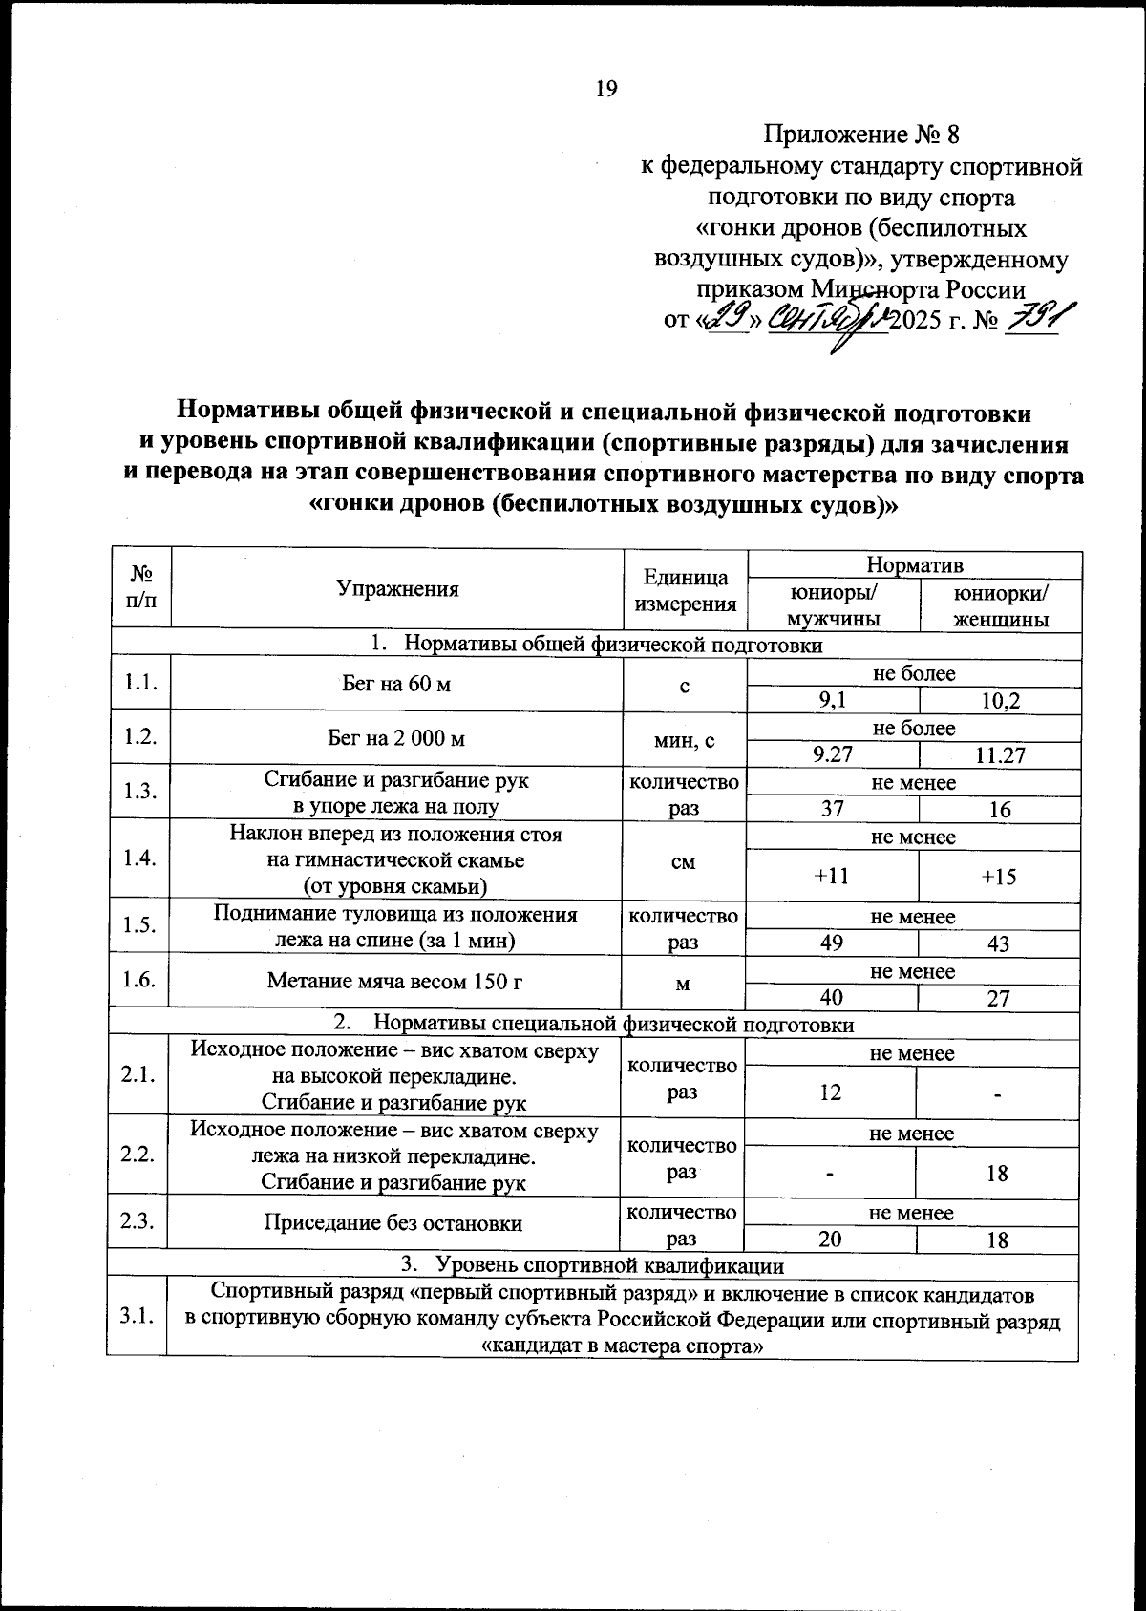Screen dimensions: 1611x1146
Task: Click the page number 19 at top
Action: pyautogui.click(x=606, y=89)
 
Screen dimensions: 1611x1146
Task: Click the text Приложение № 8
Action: pyautogui.click(x=867, y=135)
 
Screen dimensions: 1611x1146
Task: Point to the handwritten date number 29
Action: pyautogui.click(x=725, y=317)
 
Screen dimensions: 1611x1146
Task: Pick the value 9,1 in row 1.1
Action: pyautogui.click(x=833, y=701)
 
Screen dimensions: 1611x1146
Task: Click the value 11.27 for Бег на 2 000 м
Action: pyautogui.click(x=1000, y=755)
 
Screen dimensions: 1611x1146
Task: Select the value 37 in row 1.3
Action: pyautogui.click(x=833, y=809)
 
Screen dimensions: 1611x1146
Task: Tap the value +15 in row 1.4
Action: pyautogui.click(x=999, y=876)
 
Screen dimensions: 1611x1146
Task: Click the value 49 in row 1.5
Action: pyautogui.click(x=832, y=943)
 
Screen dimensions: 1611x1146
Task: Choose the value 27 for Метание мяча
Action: pyautogui.click(x=999, y=998)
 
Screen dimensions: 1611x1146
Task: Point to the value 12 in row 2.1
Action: pyautogui.click(x=831, y=1092)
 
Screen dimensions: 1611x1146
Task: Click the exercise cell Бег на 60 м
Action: pyautogui.click(x=396, y=684)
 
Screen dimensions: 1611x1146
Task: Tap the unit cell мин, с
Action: pyautogui.click(x=684, y=738)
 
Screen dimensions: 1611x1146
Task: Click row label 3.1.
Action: pyautogui.click(x=138, y=1317)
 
